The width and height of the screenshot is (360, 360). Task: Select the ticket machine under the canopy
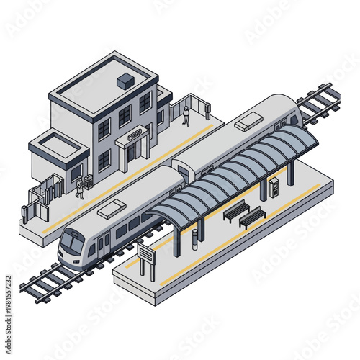(x=273, y=186)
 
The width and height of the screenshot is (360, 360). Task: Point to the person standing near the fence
(x=186, y=115)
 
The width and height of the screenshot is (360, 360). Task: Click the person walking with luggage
(x=80, y=188)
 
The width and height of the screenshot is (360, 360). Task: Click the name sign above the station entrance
(x=135, y=133)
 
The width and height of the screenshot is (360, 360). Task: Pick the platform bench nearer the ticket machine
(x=252, y=216)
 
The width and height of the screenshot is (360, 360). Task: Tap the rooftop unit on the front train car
(x=112, y=209)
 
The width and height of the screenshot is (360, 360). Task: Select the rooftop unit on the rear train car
(x=251, y=120)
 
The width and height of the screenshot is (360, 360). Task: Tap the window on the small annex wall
(x=76, y=173)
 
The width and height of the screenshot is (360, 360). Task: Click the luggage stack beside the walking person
(x=88, y=181)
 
